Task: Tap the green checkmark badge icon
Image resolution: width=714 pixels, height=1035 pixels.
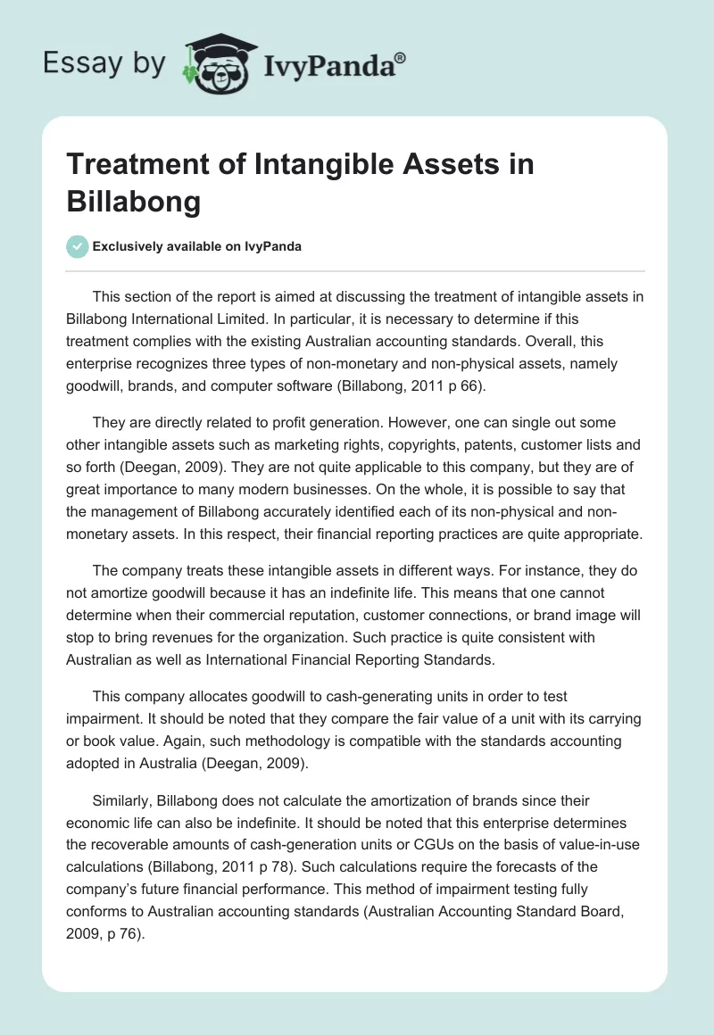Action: click(78, 246)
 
